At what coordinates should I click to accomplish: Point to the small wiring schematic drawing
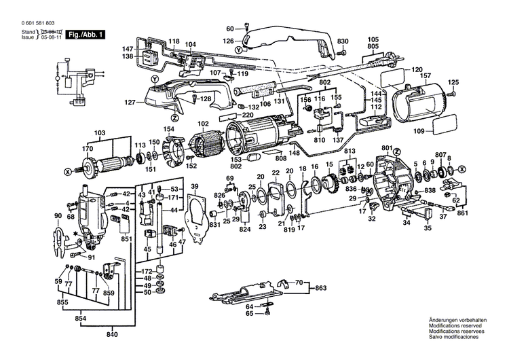pyautogui.click(x=72, y=81)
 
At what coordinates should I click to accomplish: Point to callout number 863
pyautogui.click(x=320, y=288)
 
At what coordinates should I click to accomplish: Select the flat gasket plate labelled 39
pyautogui.click(x=196, y=217)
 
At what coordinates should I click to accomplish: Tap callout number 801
pyautogui.click(x=388, y=147)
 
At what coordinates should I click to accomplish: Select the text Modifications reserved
pyautogui.click(x=453, y=326)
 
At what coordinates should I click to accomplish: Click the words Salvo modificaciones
pyautogui.click(x=453, y=337)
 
